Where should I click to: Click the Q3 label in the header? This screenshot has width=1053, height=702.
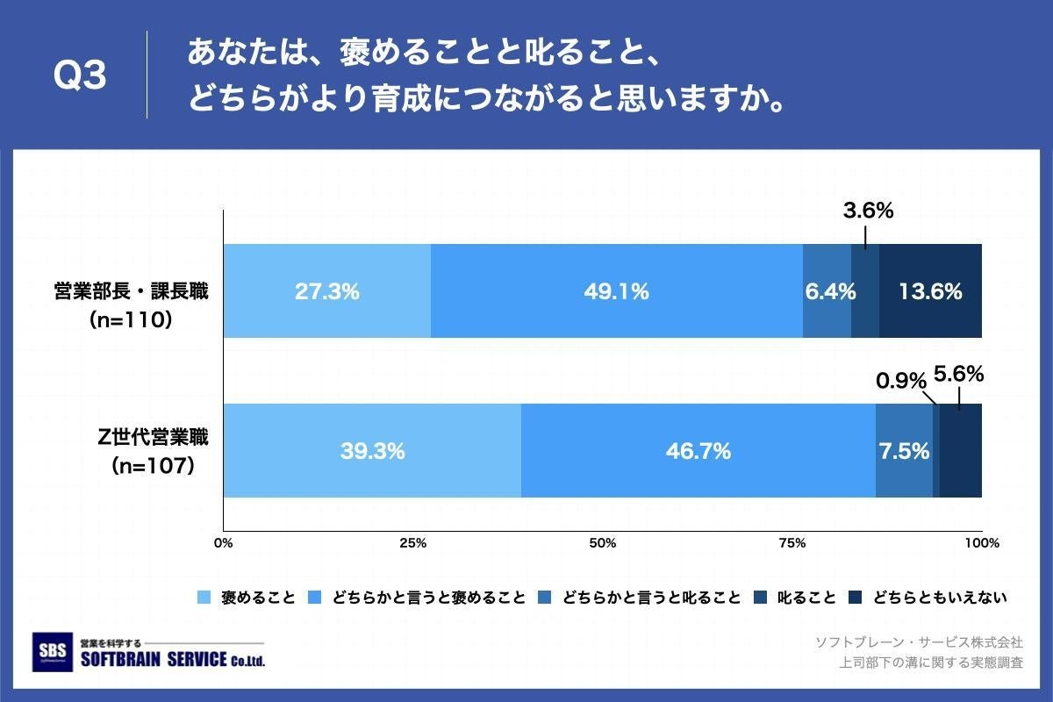pyautogui.click(x=80, y=77)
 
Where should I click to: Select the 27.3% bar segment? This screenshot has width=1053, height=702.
pyautogui.click(x=326, y=291)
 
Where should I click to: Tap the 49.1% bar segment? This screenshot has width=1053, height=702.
pyautogui.click(x=616, y=291)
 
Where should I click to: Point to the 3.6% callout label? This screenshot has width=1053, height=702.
pyautogui.click(x=867, y=211)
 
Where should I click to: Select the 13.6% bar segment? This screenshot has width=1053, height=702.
pyautogui.click(x=930, y=291)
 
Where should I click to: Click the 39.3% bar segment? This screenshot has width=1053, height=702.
pyautogui.click(x=372, y=451)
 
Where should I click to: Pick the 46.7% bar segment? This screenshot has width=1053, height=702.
pyautogui.click(x=698, y=451)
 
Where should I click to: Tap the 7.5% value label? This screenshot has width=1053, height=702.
pyautogui.click(x=903, y=451)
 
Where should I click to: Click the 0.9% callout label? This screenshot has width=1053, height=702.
pyautogui.click(x=901, y=381)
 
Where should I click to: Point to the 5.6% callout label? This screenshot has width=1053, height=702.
pyautogui.click(x=958, y=374)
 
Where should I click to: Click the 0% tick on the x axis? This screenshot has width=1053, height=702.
pyautogui.click(x=224, y=543)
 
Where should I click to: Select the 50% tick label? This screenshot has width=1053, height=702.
pyautogui.click(x=602, y=543)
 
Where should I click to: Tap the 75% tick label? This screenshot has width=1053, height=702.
pyautogui.click(x=792, y=543)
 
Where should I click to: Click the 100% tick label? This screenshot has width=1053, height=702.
pyautogui.click(x=981, y=543)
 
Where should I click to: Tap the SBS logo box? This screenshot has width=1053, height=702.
pyautogui.click(x=51, y=652)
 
